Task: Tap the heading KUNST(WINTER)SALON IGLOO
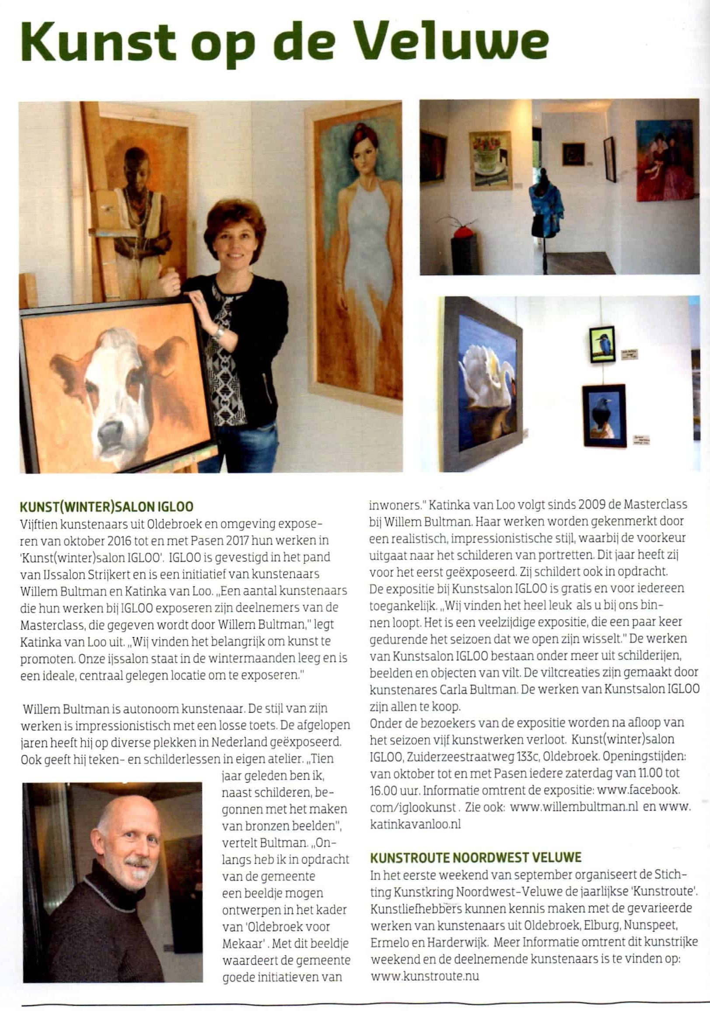(x=107, y=506)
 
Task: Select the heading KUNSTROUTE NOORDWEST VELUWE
(x=476, y=857)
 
